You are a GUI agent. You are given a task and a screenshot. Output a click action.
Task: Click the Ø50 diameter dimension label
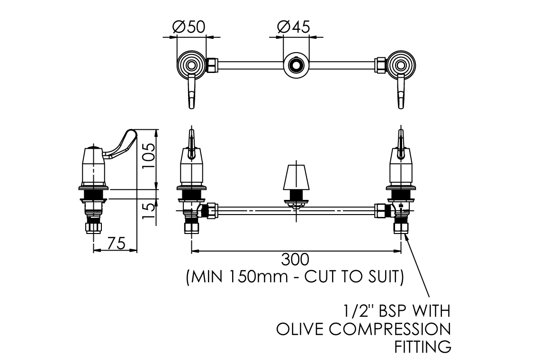[189, 27]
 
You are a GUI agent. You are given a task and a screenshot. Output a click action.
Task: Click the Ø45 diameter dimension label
[294, 27]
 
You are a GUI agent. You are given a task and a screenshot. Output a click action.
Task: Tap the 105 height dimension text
[149, 156]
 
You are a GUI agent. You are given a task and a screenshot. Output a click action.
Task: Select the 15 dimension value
[149, 212]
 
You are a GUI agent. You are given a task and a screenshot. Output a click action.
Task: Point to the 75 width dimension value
[116, 243]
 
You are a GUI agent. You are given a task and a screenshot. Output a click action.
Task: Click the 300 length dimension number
[296, 260]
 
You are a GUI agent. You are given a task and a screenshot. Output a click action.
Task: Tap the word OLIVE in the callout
[300, 329]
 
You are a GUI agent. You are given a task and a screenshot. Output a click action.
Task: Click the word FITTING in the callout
[423, 347]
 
